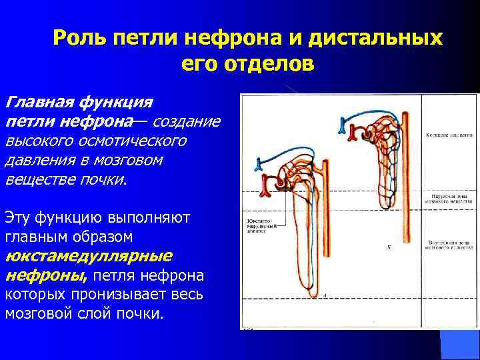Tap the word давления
click(36, 161)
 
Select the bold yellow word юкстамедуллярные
click(89, 256)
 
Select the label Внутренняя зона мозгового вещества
click(446, 244)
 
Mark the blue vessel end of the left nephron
click(259, 164)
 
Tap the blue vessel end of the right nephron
click(344, 125)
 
